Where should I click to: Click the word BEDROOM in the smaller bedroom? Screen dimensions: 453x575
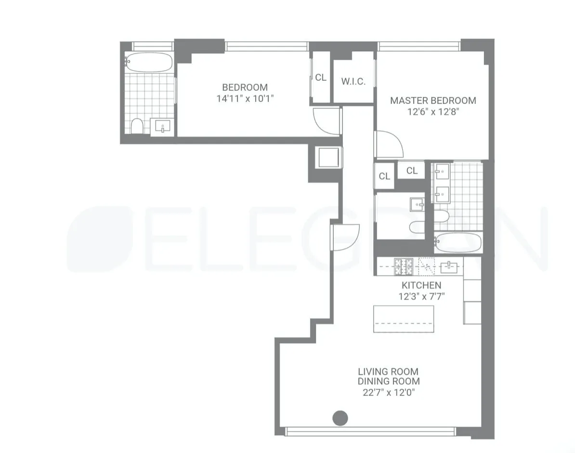tap(245, 88)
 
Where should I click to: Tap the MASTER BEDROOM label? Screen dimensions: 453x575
tap(433, 101)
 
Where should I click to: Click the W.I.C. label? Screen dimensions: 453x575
tap(353, 81)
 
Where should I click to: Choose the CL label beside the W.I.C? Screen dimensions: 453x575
tap(321, 77)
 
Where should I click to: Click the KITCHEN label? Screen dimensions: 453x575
tap(421, 285)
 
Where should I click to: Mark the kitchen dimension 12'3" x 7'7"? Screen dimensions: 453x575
tap(421, 296)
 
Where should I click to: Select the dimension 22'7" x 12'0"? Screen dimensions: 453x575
tap(389, 392)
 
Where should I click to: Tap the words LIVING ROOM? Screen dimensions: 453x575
tap(388, 372)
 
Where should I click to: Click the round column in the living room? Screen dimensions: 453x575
tap(340, 418)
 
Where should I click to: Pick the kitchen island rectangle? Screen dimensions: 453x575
tap(404, 318)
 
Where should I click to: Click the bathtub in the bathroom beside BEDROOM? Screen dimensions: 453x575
tap(149, 62)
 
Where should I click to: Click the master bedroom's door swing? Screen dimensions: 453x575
tap(388, 144)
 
